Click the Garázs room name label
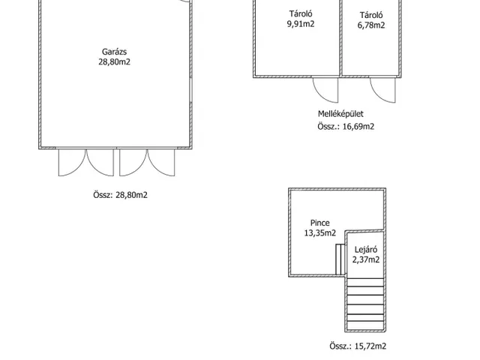click(x=114, y=52)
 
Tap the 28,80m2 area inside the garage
click(x=114, y=61)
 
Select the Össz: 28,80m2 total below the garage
click(x=120, y=195)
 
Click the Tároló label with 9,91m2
click(x=301, y=13)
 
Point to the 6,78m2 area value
click(x=371, y=25)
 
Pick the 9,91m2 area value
click(x=301, y=24)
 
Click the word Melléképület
click(x=340, y=114)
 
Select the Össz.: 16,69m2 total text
click(x=346, y=127)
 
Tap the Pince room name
click(x=320, y=223)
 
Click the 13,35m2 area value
click(x=320, y=233)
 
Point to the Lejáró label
click(x=366, y=250)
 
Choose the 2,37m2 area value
click(x=366, y=260)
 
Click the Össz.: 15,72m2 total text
click(x=358, y=346)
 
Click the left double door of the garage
click(x=86, y=163)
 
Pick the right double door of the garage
click(x=147, y=163)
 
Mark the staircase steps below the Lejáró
click(x=365, y=304)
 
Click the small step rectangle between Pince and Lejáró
click(x=338, y=259)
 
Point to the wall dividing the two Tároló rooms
click(x=340, y=37)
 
